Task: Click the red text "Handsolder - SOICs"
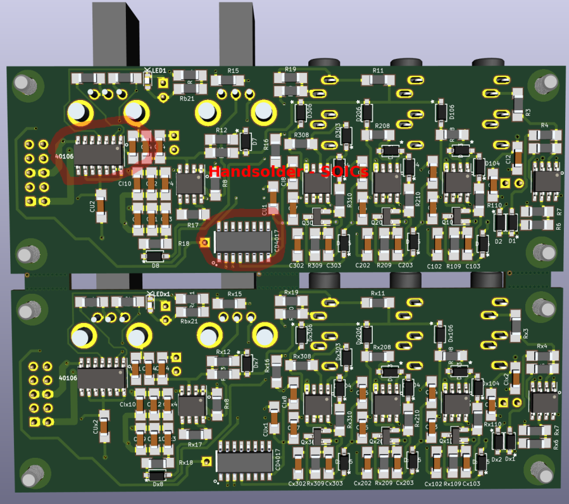(288, 171)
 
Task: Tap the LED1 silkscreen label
(156, 71)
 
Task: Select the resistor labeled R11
(378, 80)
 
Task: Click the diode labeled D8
(155, 256)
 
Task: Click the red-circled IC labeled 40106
(99, 153)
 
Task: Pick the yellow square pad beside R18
(204, 242)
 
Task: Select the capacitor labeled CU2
(101, 206)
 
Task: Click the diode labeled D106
(441, 112)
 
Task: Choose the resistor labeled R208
(382, 135)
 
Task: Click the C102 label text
(434, 267)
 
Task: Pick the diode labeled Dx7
(247, 363)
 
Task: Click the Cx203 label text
(404, 483)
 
